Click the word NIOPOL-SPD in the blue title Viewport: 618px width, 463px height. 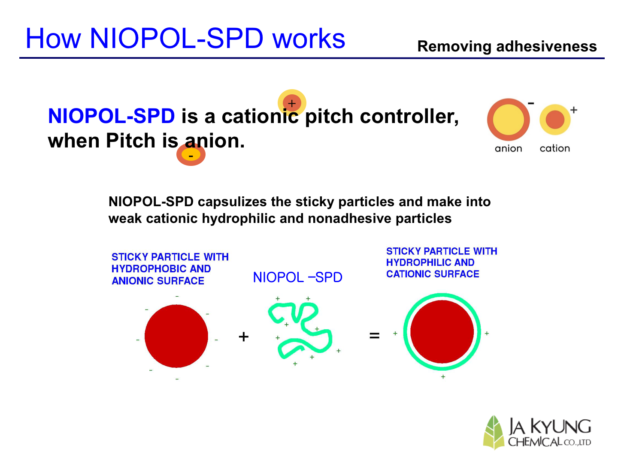(x=176, y=38)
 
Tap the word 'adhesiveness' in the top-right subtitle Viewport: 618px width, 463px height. (x=546, y=46)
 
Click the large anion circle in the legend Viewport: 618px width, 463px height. (x=508, y=120)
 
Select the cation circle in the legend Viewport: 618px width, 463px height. (x=555, y=120)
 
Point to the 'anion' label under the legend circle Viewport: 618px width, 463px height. (x=508, y=148)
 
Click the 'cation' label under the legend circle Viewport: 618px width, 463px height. (x=554, y=148)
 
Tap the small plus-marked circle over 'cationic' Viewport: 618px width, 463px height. (x=292, y=103)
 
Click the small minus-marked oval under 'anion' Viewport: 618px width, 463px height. (x=191, y=154)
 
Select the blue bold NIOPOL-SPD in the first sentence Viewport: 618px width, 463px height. (x=112, y=116)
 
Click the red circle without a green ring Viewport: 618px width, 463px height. (x=176, y=336)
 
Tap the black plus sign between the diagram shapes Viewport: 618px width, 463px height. (x=243, y=337)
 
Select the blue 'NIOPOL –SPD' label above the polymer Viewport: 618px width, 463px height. (x=297, y=277)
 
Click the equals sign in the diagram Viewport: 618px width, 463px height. (x=375, y=335)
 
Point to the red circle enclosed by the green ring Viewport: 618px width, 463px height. (x=442, y=332)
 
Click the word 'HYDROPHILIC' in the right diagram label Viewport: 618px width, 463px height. (x=418, y=262)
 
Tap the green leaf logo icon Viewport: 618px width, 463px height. (x=494, y=432)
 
